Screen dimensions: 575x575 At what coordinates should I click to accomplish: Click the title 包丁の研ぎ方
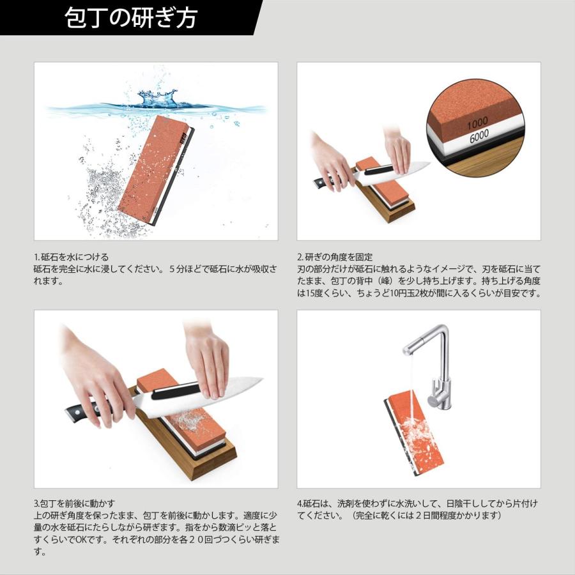(131, 18)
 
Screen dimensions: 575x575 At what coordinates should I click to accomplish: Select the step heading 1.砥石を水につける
(71, 256)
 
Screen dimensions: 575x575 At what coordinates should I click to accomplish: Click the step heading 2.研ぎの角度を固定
(335, 256)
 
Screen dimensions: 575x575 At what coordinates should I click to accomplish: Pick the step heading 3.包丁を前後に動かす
(75, 503)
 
